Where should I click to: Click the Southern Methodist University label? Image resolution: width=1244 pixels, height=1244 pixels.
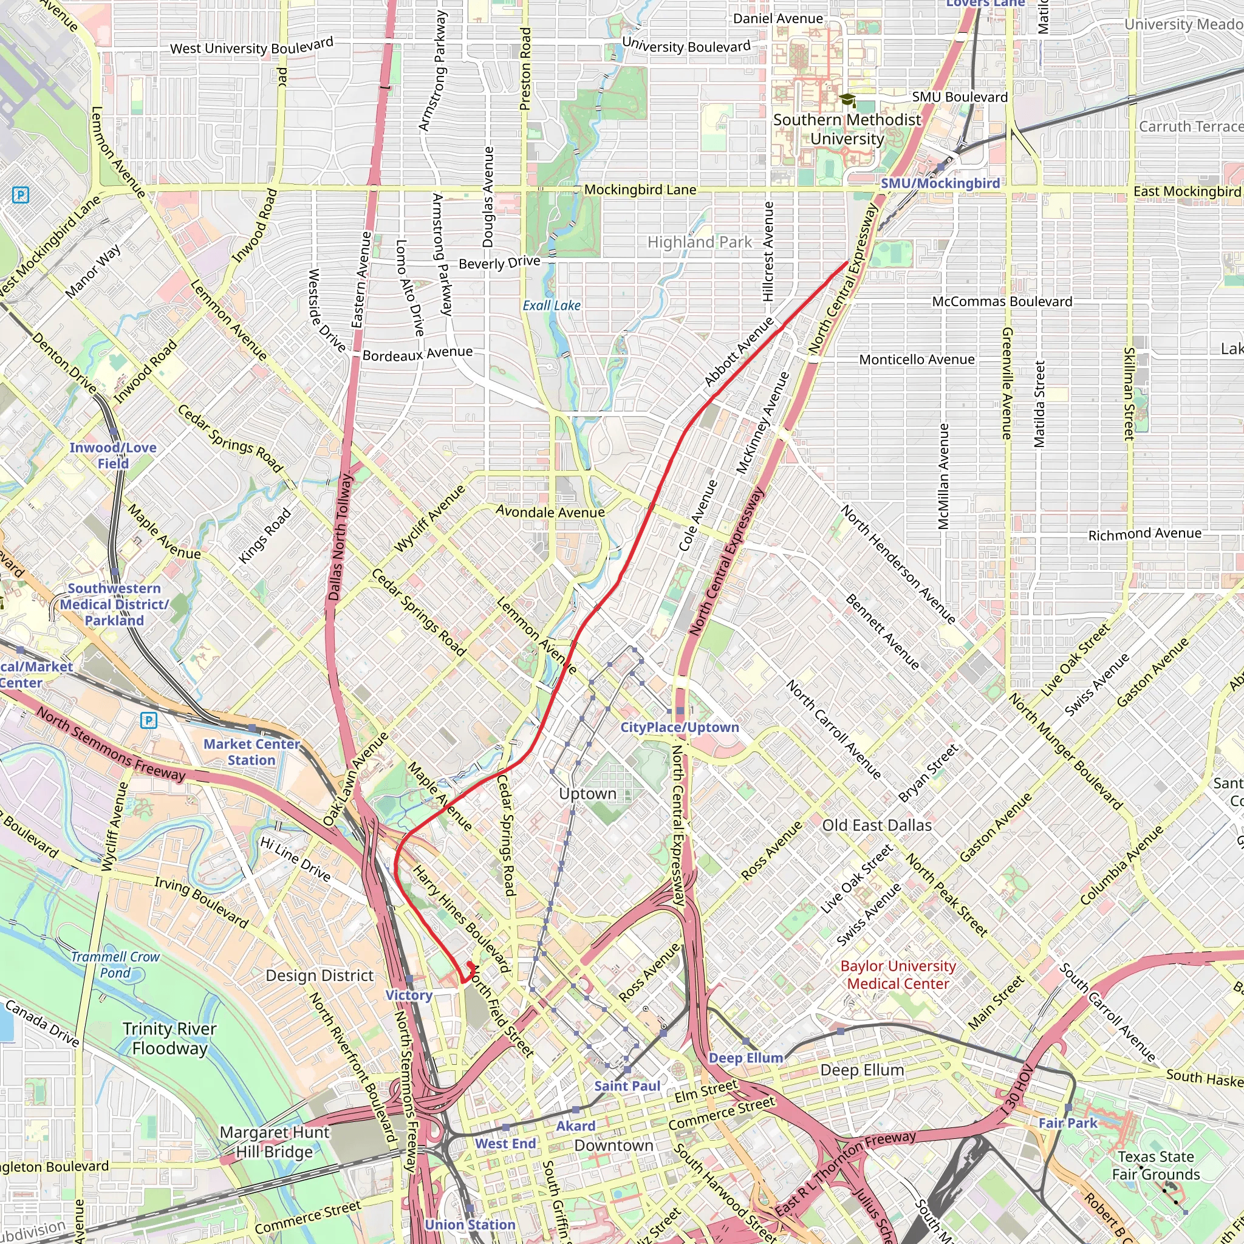tap(847, 129)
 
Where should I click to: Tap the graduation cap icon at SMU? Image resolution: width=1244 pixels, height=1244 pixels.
tap(847, 100)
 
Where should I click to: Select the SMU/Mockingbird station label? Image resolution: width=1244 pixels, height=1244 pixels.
tap(940, 183)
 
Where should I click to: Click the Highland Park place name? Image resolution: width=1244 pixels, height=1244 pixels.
tap(699, 242)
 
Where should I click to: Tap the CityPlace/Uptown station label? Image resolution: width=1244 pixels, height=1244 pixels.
tap(679, 727)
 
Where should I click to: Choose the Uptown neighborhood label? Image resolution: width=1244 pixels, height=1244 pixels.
tap(587, 794)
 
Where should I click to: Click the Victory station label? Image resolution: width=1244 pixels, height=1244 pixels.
tap(409, 995)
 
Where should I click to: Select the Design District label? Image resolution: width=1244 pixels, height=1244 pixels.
tap(320, 976)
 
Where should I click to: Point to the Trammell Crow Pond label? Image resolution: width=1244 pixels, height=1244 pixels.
tap(115, 965)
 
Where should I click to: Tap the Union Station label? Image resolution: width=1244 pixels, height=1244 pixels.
tap(470, 1225)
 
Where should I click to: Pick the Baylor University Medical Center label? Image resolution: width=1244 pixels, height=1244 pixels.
tap(898, 975)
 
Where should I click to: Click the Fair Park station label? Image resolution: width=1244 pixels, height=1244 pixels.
tap(1068, 1123)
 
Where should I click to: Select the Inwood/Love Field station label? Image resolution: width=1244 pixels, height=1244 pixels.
tap(113, 455)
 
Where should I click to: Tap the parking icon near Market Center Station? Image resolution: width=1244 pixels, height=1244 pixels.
tap(149, 720)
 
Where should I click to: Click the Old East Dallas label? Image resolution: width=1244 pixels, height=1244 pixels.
tap(877, 825)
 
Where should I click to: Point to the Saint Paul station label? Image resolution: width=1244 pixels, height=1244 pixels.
tap(626, 1085)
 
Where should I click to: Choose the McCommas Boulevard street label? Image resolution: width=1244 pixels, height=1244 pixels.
tap(1002, 301)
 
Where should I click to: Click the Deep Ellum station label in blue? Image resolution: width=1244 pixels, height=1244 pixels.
tap(746, 1058)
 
